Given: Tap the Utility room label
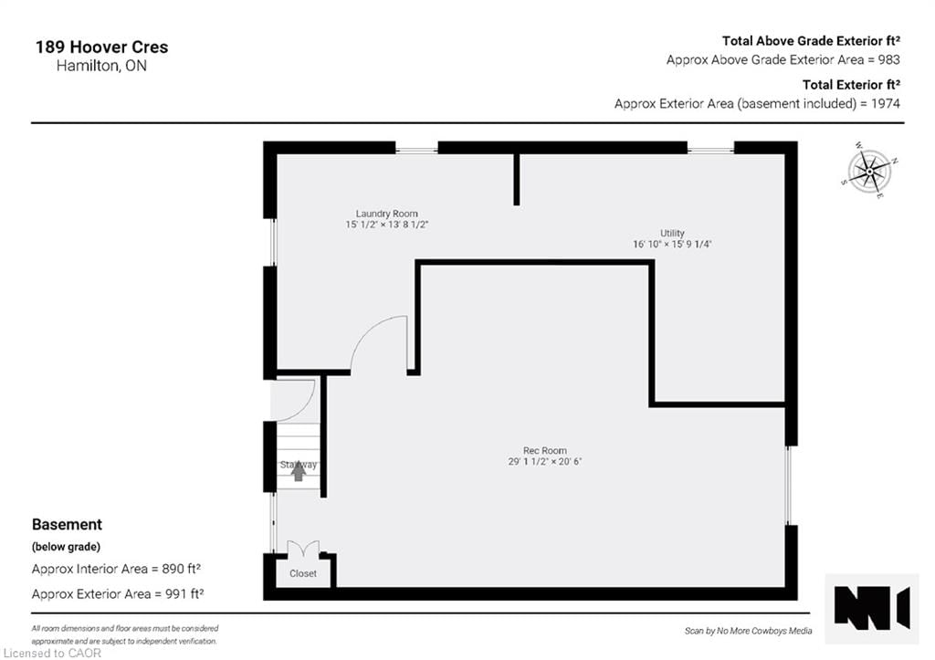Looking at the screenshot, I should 672,234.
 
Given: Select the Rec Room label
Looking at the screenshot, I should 545,450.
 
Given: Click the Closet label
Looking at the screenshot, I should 303,573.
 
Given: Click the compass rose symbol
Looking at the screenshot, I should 870,170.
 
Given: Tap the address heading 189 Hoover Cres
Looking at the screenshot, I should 101,47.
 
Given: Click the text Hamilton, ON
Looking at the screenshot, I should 89,67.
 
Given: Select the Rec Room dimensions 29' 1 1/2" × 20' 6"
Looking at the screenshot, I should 545,462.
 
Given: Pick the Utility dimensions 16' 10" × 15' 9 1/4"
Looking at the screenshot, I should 672,245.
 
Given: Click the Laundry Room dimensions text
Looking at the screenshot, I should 387,225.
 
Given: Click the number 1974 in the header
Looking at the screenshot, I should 885,103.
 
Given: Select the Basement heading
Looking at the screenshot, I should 67,525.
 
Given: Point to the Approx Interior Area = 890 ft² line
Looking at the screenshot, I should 117,569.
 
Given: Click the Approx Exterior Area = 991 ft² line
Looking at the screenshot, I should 117,594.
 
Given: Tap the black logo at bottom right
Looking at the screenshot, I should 872,607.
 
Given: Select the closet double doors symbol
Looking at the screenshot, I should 303,550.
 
